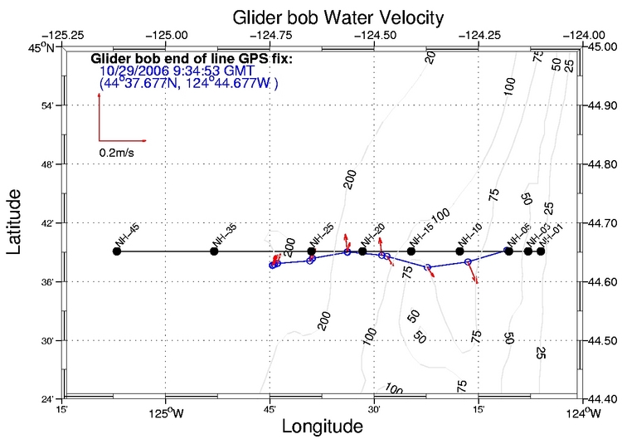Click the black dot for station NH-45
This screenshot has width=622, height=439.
[117, 251]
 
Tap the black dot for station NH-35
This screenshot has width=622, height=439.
[214, 251]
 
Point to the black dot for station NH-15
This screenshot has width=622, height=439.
[411, 251]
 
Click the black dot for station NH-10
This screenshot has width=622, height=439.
[460, 251]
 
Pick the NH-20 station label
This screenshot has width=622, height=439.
[372, 236]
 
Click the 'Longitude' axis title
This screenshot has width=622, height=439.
[323, 427]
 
